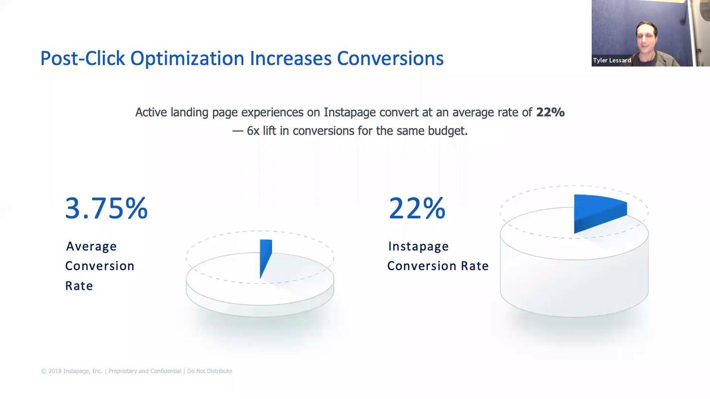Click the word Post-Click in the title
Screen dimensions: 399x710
click(x=82, y=58)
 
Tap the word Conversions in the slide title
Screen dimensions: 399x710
click(x=390, y=58)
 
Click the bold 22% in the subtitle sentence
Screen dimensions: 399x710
click(x=550, y=112)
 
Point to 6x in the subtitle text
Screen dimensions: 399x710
click(x=253, y=131)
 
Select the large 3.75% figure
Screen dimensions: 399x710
click(x=106, y=208)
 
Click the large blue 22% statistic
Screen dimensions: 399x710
click(x=417, y=208)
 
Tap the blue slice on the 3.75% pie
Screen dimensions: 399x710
click(x=265, y=254)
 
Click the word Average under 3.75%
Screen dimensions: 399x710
click(x=91, y=246)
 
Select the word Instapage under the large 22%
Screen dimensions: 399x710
click(x=418, y=246)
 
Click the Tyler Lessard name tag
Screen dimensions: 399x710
click(x=612, y=60)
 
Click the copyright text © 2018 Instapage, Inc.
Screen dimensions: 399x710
click(x=72, y=371)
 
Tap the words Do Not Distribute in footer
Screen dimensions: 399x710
click(x=209, y=371)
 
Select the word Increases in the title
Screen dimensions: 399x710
click(x=291, y=58)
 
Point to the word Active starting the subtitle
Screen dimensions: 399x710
click(x=151, y=112)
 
